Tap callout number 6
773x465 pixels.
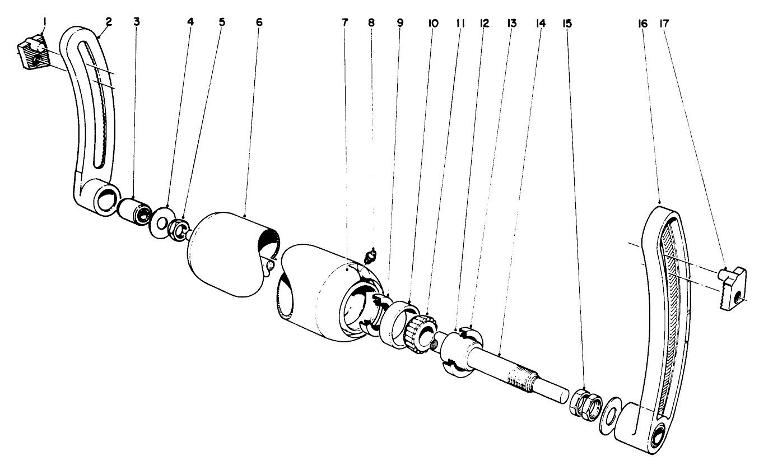click(x=258, y=22)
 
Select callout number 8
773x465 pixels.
click(x=371, y=23)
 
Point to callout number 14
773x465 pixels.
click(x=541, y=24)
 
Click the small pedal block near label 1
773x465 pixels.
click(x=32, y=53)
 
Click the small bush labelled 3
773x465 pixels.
click(x=134, y=212)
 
